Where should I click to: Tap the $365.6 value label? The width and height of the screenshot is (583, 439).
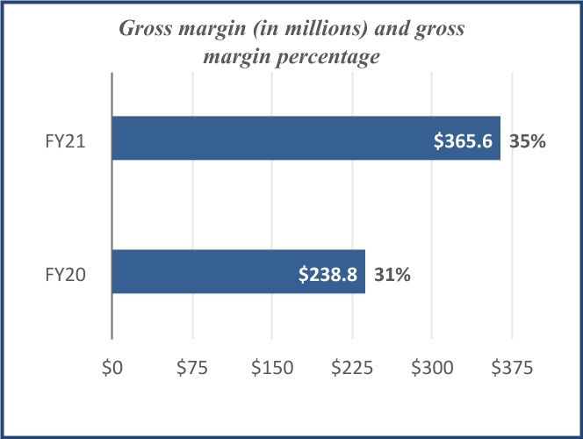point(464,140)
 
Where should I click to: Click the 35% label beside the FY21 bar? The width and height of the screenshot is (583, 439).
point(528,140)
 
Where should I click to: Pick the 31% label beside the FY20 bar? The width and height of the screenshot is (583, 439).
point(392,274)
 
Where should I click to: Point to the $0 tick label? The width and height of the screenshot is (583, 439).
point(112,369)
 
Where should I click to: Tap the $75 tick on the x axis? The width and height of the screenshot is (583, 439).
point(191,369)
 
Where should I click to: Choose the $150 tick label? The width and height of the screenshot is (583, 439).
point(271,369)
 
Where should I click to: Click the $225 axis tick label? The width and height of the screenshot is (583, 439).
point(352,369)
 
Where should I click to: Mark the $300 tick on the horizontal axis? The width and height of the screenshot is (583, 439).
point(432,369)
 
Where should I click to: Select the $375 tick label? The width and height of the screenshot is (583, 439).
point(512,369)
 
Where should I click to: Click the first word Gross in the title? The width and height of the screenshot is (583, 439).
point(145,28)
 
